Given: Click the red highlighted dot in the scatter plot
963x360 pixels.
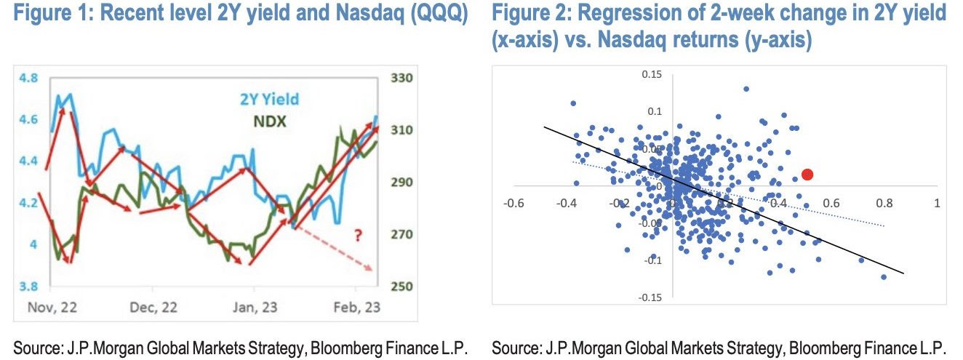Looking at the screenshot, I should (x=807, y=175).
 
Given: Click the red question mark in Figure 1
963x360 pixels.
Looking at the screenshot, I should (x=358, y=235).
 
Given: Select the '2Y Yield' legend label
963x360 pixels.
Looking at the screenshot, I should (x=269, y=100).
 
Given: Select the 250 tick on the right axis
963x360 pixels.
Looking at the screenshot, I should (x=401, y=287).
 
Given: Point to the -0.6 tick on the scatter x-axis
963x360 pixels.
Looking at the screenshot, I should (x=516, y=203).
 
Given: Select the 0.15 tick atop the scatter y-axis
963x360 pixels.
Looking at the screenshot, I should (x=651, y=74).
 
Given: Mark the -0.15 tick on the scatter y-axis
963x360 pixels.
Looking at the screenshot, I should (x=650, y=297).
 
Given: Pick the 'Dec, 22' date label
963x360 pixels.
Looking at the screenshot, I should (x=154, y=308).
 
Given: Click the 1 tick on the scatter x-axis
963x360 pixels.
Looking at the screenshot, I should (x=935, y=203).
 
